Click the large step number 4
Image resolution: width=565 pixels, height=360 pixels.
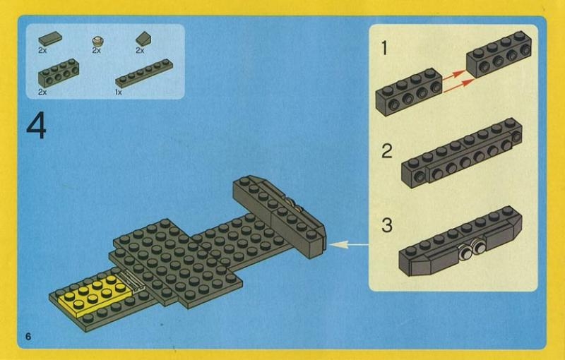click(36, 127)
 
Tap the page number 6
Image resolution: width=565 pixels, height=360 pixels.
click(28, 335)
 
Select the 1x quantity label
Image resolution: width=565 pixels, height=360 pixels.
click(119, 92)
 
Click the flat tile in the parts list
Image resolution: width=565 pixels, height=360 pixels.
click(50, 38)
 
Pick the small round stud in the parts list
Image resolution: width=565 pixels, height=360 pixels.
click(97, 40)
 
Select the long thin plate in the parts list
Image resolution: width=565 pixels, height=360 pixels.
click(144, 73)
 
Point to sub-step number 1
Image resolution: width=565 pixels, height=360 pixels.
click(384, 49)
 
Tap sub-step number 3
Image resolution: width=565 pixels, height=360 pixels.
click(386, 226)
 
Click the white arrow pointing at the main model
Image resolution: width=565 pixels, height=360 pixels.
click(350, 245)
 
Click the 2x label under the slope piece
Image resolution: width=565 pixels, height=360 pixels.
click(140, 51)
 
